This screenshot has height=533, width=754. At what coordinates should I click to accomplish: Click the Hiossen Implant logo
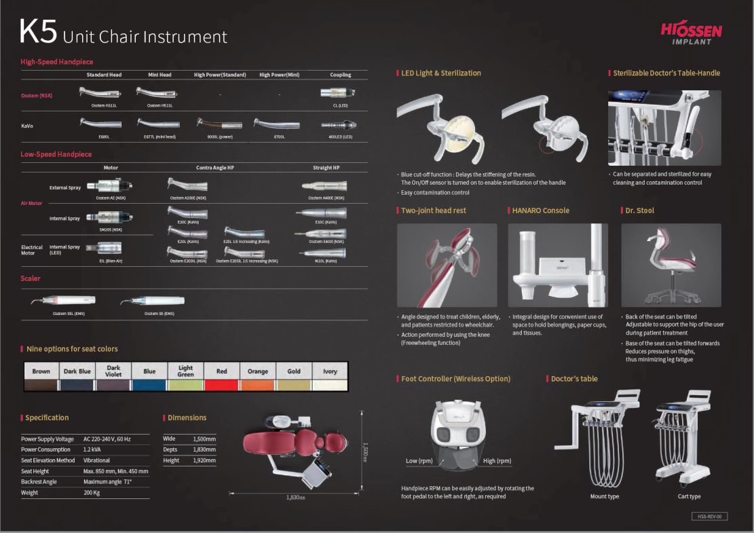coord(691,33)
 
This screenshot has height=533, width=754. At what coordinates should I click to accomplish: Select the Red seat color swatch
coord(222,384)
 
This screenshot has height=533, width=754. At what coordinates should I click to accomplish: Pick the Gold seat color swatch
coord(294,384)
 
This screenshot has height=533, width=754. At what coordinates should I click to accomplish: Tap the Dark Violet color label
coord(113,371)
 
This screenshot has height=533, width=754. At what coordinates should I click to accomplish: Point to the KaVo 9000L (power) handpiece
coord(219,124)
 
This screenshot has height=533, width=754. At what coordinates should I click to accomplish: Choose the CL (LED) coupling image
coord(340,93)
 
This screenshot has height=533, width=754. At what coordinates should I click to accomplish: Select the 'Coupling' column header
coord(340,75)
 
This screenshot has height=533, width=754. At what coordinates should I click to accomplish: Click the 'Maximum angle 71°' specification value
coord(107,481)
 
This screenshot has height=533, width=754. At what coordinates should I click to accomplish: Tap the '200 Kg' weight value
coord(92,492)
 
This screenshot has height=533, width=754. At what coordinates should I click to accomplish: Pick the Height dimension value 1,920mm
coord(204,460)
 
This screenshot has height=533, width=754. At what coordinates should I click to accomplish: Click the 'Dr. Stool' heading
coord(640,210)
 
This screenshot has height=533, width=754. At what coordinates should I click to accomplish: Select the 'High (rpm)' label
coord(497,461)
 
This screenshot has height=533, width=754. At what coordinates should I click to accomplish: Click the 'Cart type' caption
coord(688,496)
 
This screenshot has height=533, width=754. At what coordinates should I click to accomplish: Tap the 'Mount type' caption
coord(604,496)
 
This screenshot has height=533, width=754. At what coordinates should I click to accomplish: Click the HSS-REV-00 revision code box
coord(709,516)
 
